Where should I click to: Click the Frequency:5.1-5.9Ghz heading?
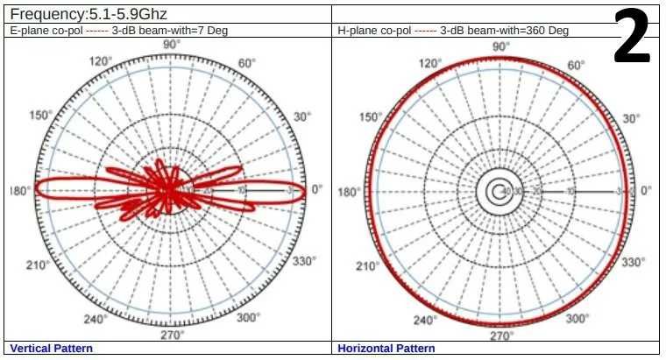(x=88, y=14)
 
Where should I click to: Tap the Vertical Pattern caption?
(x=51, y=349)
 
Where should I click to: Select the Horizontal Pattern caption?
(x=386, y=349)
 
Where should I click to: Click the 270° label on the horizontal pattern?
(x=501, y=335)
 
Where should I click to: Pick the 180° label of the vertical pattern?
(x=20, y=191)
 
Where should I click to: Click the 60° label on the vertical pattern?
(x=246, y=63)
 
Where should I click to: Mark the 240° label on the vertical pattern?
(x=95, y=320)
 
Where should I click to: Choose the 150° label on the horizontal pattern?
(x=372, y=117)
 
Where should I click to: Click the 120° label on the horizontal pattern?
(x=430, y=64)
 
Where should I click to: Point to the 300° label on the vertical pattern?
(x=248, y=318)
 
